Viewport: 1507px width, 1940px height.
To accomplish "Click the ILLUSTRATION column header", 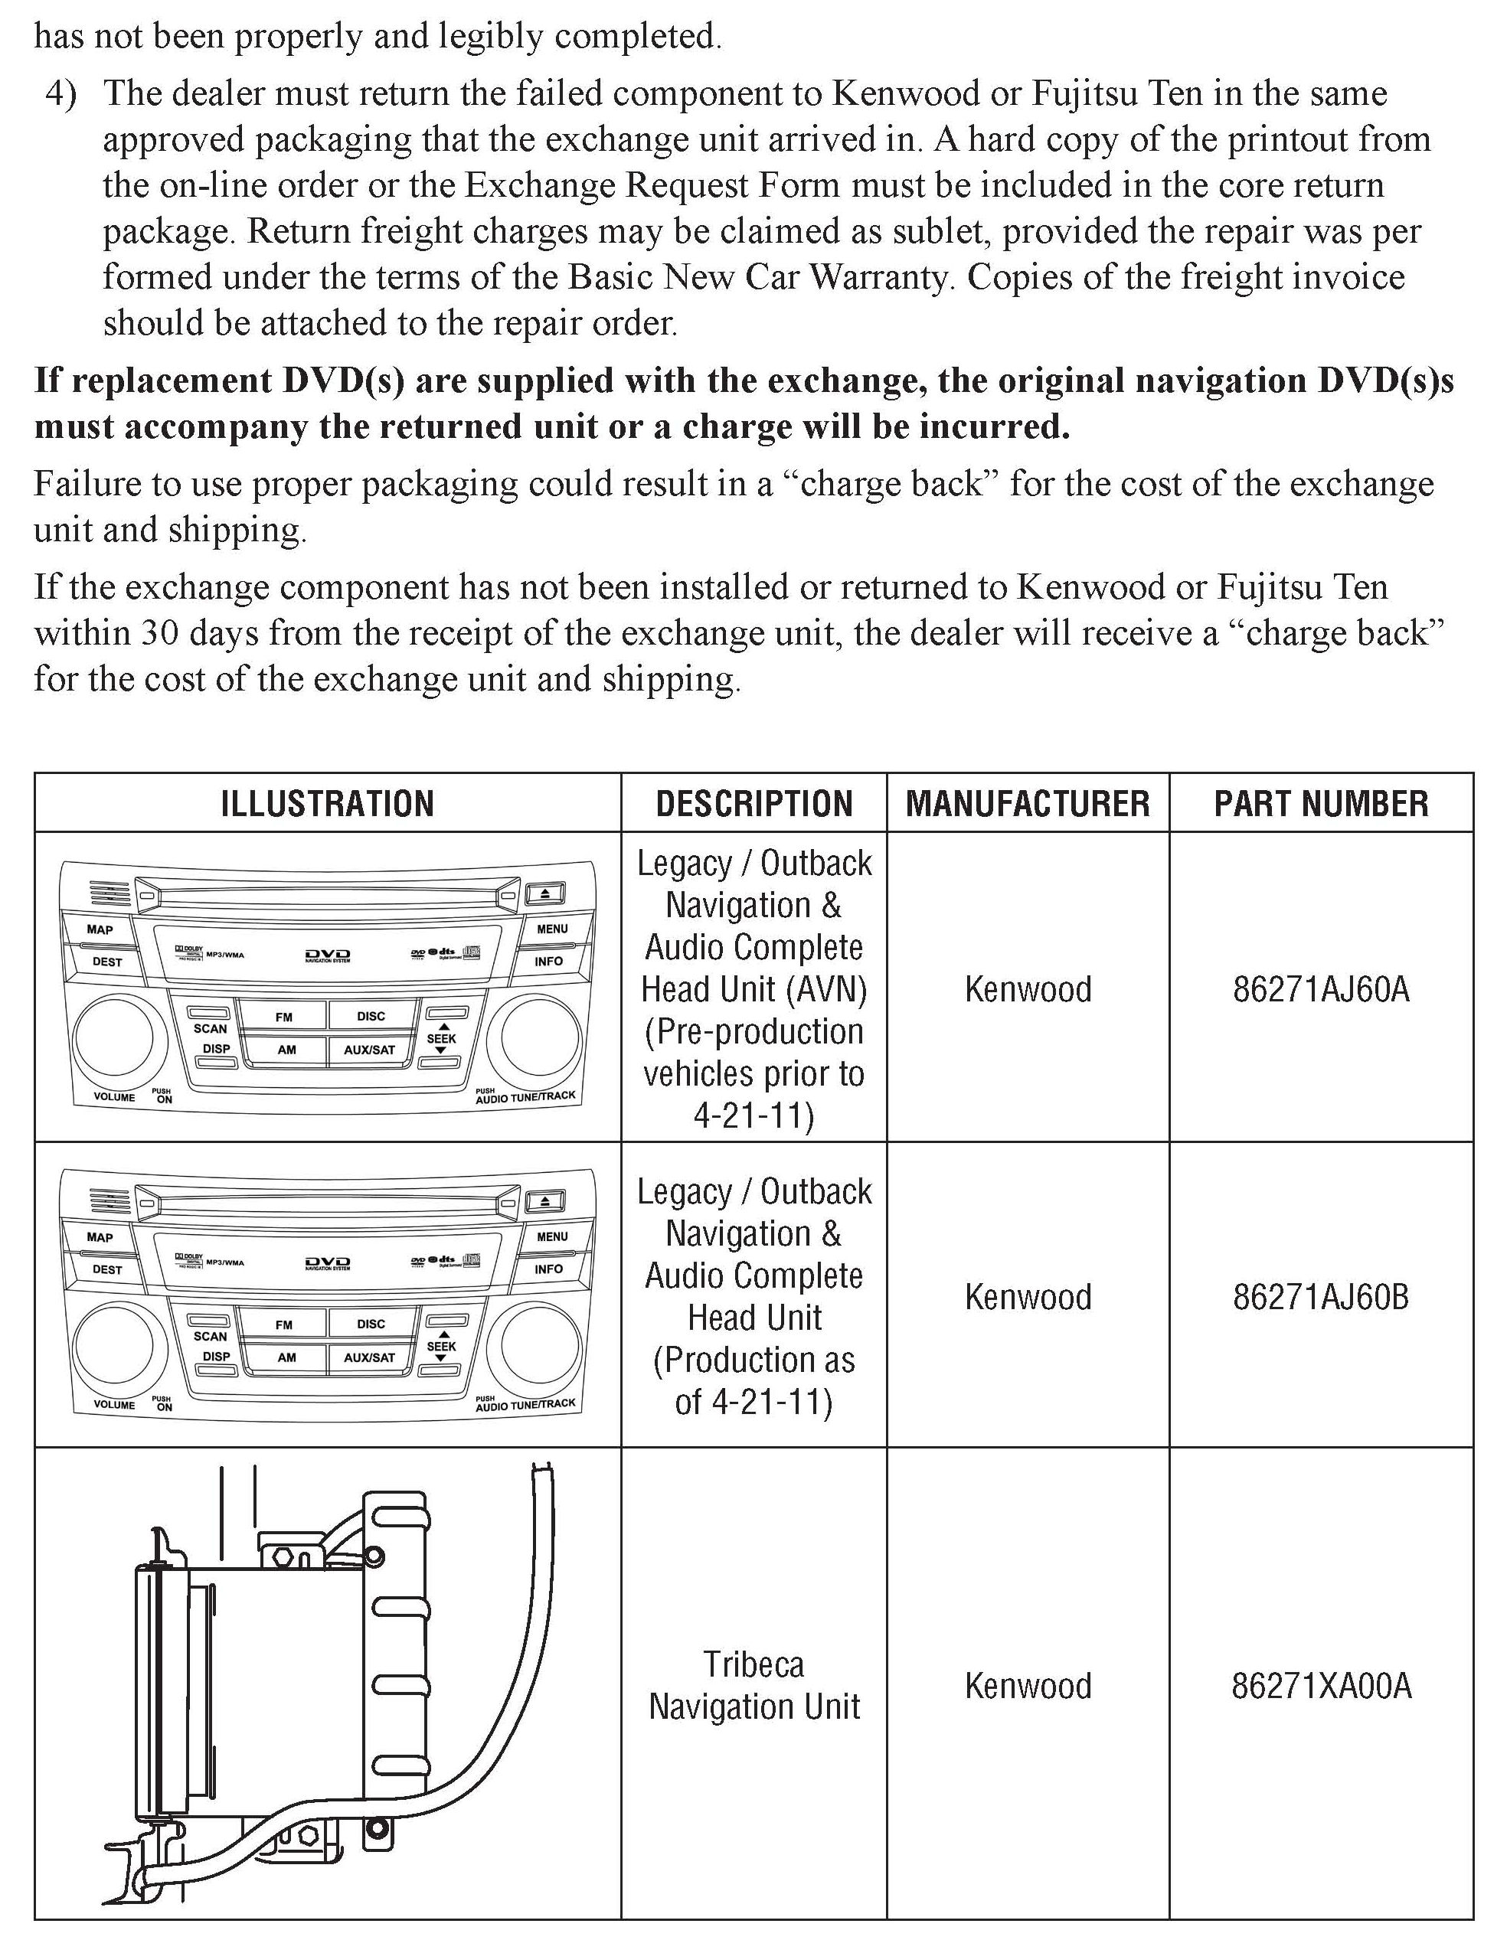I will pyautogui.click(x=327, y=803).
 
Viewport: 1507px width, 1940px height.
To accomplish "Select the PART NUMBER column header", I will pyautogui.click(x=1321, y=803).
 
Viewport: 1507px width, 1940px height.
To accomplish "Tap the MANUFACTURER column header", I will pyautogui.click(x=1027, y=803).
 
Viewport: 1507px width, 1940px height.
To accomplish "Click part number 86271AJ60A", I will pyautogui.click(x=1321, y=988).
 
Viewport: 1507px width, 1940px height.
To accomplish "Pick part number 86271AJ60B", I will pyautogui.click(x=1321, y=1297).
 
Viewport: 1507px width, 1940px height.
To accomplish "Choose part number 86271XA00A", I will pyautogui.click(x=1321, y=1686).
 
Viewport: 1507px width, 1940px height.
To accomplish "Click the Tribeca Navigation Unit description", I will pyautogui.click(x=753, y=1685).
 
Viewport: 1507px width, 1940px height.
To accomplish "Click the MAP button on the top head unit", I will pyautogui.click(x=100, y=929).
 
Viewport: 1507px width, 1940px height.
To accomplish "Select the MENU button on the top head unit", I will pyautogui.click(x=552, y=929).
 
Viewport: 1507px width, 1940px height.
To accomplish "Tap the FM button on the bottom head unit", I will pyautogui.click(x=283, y=1324).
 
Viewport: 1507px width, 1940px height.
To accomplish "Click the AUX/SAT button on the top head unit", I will pyautogui.click(x=370, y=1049).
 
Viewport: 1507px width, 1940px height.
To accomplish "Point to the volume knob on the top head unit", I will pyautogui.click(x=120, y=1038).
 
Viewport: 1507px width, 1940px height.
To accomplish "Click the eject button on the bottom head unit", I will pyautogui.click(x=544, y=1202).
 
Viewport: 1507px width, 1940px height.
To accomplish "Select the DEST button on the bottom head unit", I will pyautogui.click(x=106, y=1269).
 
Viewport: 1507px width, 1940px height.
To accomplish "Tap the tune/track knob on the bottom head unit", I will pyautogui.click(x=541, y=1346).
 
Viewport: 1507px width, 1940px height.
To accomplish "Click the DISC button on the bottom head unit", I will pyautogui.click(x=371, y=1324).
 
